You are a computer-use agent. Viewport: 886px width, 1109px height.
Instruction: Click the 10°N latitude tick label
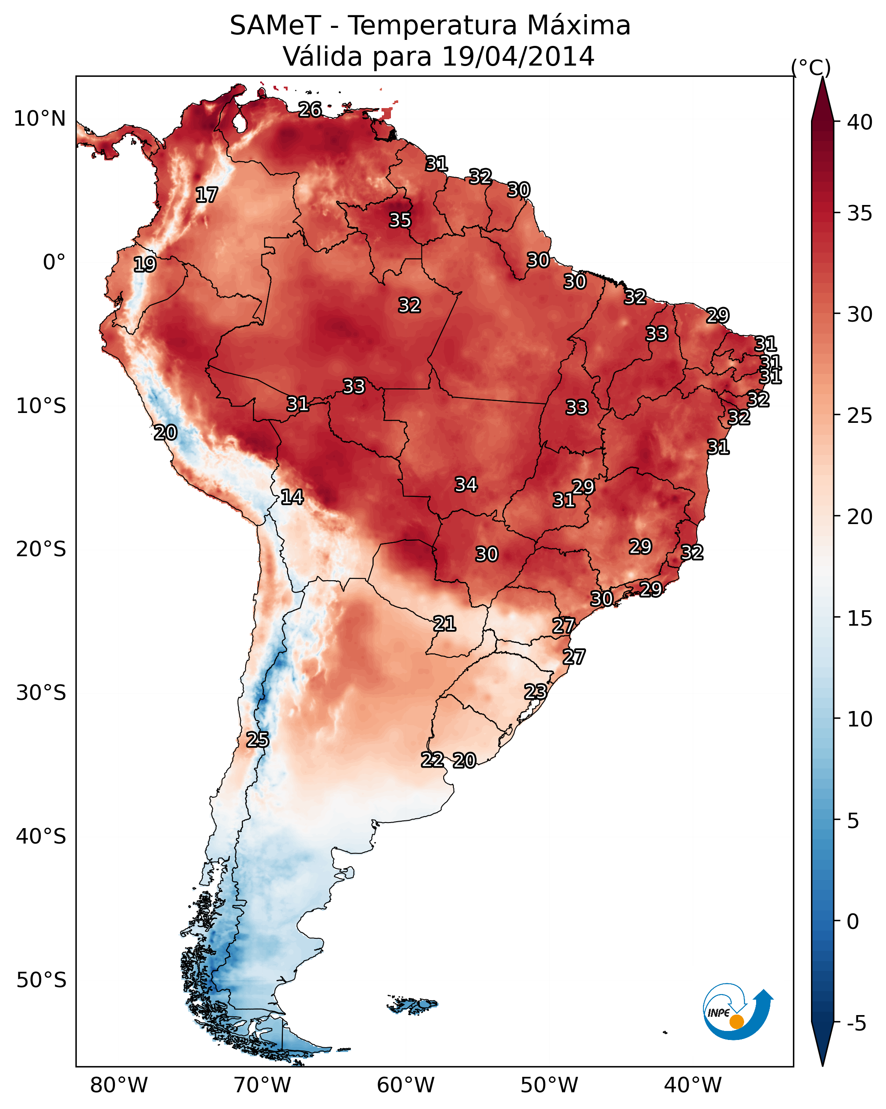click(39, 119)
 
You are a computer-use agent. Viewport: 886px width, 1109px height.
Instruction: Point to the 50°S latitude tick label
click(41, 980)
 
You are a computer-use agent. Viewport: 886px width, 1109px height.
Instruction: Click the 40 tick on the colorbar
click(860, 122)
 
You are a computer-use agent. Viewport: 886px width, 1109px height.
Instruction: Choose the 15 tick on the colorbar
click(860, 618)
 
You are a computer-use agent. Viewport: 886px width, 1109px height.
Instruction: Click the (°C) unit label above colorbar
click(811, 67)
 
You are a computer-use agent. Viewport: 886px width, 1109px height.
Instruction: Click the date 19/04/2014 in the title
click(518, 56)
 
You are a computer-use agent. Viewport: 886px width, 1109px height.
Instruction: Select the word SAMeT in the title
click(276, 26)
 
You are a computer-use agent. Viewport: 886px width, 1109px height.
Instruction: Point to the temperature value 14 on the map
click(292, 497)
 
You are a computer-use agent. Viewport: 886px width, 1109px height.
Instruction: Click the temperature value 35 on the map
click(400, 220)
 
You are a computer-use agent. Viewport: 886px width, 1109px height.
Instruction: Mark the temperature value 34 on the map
click(466, 484)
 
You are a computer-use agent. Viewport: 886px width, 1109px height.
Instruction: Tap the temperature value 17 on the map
click(207, 195)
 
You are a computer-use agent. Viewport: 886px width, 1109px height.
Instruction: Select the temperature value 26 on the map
click(310, 109)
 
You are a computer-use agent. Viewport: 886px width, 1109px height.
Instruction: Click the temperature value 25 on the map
click(258, 740)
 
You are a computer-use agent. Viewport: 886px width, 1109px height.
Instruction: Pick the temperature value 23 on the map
click(535, 691)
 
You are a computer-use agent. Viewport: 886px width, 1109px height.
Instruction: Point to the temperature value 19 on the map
click(145, 265)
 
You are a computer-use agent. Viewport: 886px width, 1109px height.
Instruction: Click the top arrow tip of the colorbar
click(822, 77)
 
